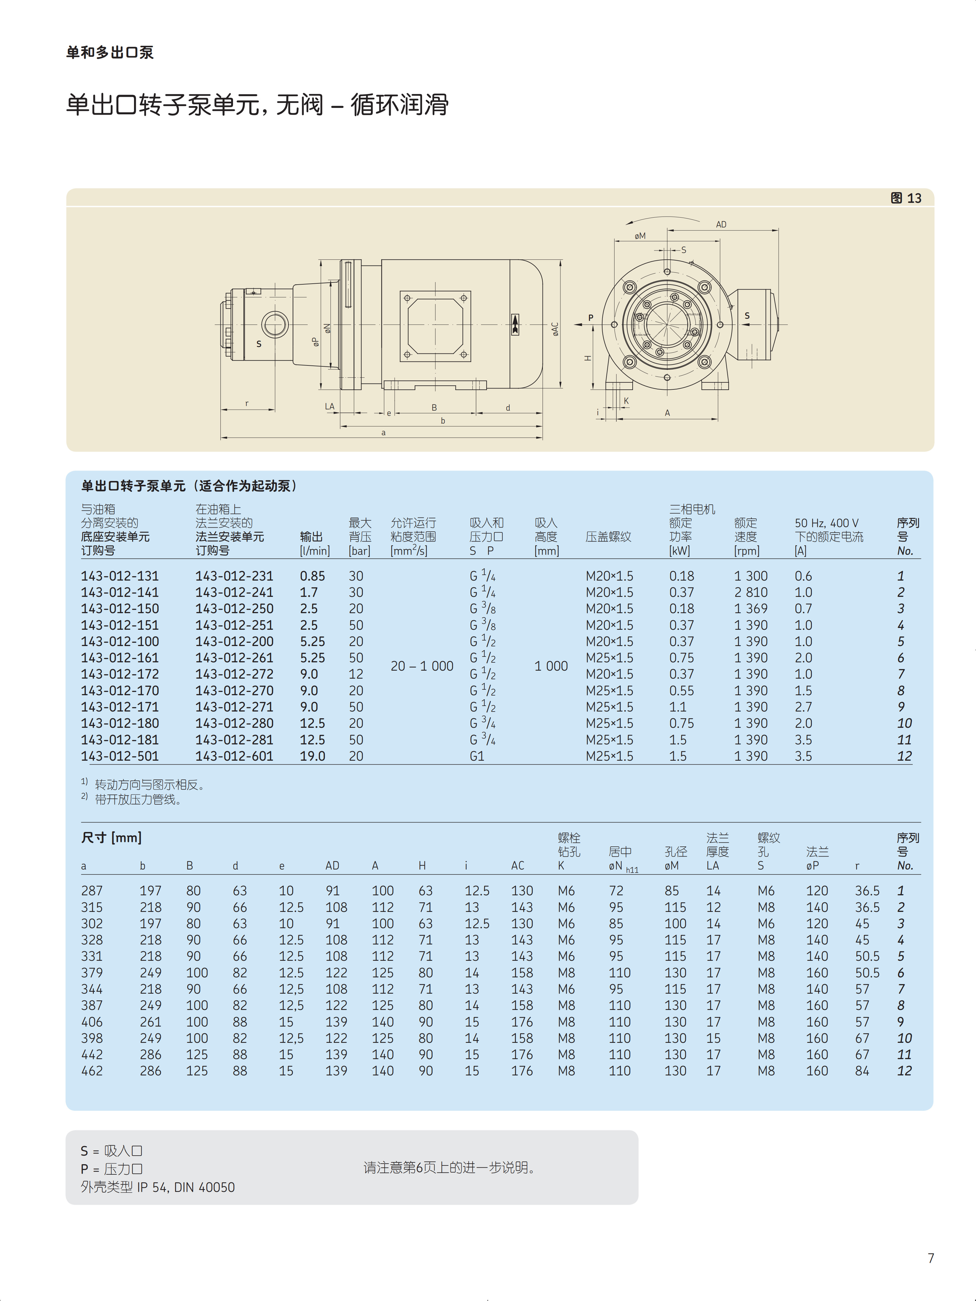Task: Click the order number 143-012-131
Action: (120, 576)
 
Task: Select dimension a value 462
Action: (92, 1071)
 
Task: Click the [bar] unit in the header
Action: (359, 551)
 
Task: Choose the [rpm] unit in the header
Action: (747, 551)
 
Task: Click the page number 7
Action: (931, 1258)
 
